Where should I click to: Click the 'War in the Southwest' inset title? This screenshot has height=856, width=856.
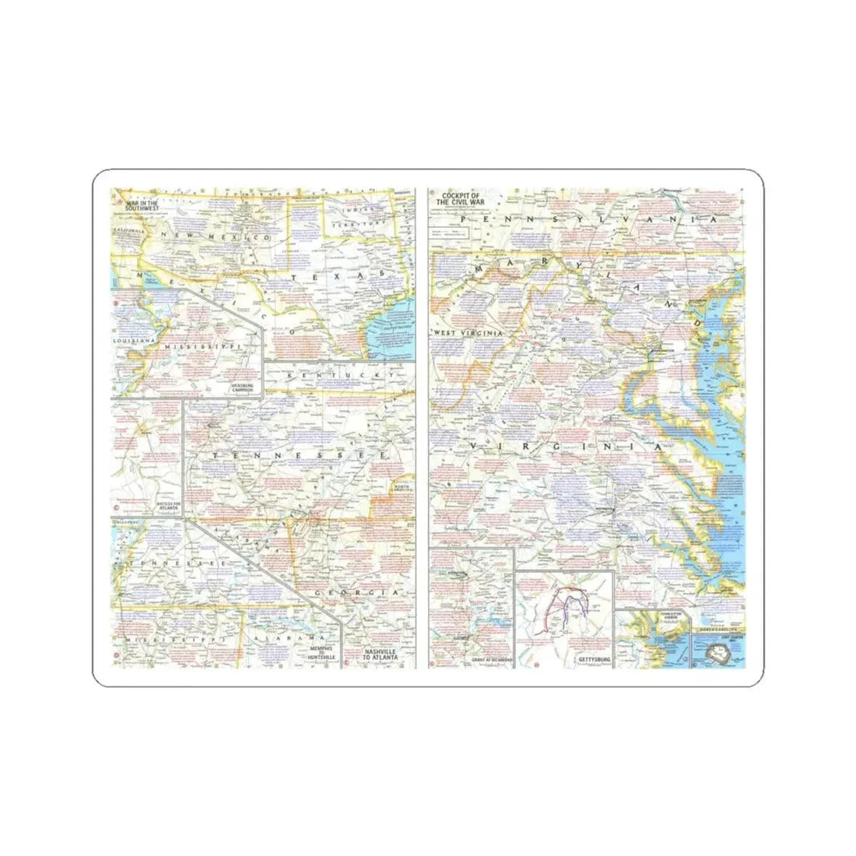pyautogui.click(x=140, y=206)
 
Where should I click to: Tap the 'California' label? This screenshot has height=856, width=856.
pyautogui.click(x=128, y=231)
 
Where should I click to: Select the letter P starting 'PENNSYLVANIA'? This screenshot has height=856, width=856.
pyautogui.click(x=465, y=221)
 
